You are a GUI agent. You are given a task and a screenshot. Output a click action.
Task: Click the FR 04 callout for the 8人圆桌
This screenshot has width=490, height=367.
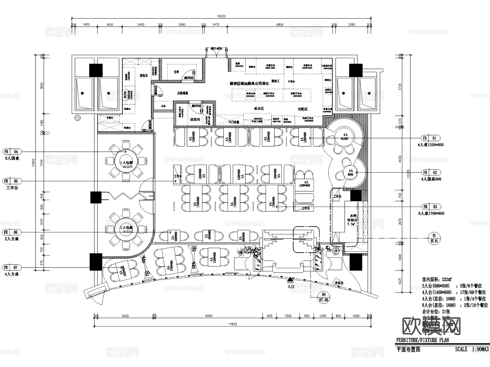coord(12,152)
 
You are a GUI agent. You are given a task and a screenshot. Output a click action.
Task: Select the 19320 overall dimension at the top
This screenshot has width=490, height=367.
coord(221,16)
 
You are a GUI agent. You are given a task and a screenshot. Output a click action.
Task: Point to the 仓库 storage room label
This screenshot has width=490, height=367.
coord(176,72)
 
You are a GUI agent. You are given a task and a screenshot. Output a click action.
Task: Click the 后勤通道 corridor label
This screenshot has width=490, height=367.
coord(182,93)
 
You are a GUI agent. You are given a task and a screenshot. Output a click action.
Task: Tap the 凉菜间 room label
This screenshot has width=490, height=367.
coord(195,119)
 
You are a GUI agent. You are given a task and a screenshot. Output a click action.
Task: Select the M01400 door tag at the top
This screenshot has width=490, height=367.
coord(217,49)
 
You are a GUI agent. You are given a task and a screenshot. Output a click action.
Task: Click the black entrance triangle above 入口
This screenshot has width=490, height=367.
coord(290,279)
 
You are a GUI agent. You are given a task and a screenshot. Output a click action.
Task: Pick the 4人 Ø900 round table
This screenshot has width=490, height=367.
coord(350,173)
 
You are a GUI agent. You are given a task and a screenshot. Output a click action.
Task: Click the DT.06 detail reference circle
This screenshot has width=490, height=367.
coord(324,297)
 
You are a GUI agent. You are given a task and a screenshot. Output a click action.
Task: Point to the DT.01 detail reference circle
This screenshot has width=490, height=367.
coord(434,238)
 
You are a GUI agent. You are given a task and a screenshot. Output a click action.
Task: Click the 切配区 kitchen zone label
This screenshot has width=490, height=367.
coord(302,109)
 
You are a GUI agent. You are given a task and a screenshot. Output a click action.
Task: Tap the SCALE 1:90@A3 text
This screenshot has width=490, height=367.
coord(471,349)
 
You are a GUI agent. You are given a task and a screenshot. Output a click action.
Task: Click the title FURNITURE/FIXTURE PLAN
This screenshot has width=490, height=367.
coord(422,340)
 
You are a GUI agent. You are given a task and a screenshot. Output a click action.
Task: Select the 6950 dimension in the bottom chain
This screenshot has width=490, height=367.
coord(209,316)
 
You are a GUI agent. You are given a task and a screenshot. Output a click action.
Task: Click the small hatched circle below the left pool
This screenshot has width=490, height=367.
coord(78,118)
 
